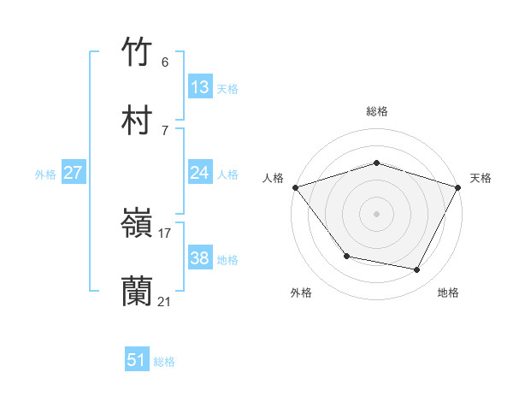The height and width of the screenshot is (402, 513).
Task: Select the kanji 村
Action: (x=137, y=121)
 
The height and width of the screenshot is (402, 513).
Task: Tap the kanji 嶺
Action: (x=137, y=225)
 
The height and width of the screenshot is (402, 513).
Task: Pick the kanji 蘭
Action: (x=137, y=292)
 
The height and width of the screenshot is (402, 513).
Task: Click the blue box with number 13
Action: (x=200, y=87)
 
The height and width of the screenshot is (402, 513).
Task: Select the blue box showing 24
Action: (x=200, y=173)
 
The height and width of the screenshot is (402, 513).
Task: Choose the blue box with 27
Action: (x=74, y=173)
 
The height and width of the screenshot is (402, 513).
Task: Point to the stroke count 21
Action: (x=165, y=301)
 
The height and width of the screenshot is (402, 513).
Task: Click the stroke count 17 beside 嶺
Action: (x=165, y=233)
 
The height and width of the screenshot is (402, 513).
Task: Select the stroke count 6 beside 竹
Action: (x=165, y=62)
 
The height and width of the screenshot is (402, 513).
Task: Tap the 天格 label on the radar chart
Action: (x=481, y=178)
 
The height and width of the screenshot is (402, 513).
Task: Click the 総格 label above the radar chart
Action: (x=377, y=111)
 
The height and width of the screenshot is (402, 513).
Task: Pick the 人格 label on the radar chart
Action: (x=273, y=178)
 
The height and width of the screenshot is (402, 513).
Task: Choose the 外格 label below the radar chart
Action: (x=301, y=293)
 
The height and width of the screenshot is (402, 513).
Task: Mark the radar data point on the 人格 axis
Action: (x=295, y=187)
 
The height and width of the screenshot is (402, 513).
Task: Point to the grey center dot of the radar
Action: (x=377, y=213)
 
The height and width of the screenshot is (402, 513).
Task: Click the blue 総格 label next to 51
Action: (x=164, y=362)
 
